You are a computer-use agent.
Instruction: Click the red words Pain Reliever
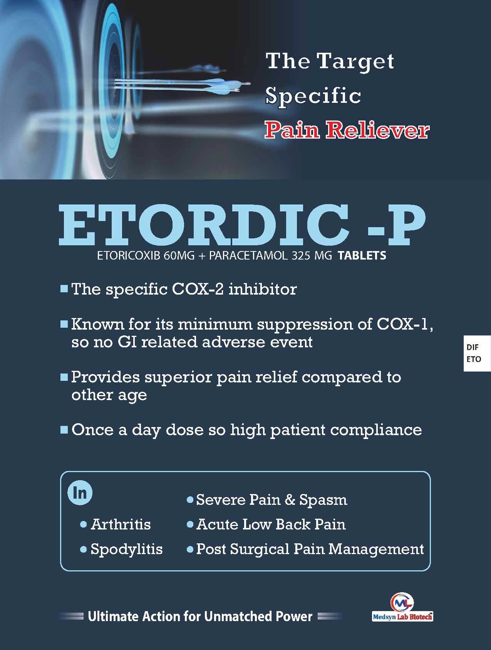click(x=347, y=130)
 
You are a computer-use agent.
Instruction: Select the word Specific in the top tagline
click(x=313, y=96)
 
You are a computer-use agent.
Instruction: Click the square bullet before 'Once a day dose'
click(x=64, y=429)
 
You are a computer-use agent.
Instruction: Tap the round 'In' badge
click(x=80, y=493)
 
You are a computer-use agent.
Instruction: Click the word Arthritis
click(x=121, y=524)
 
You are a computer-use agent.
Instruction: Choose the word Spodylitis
click(x=126, y=549)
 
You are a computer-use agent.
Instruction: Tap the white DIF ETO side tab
click(x=477, y=353)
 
